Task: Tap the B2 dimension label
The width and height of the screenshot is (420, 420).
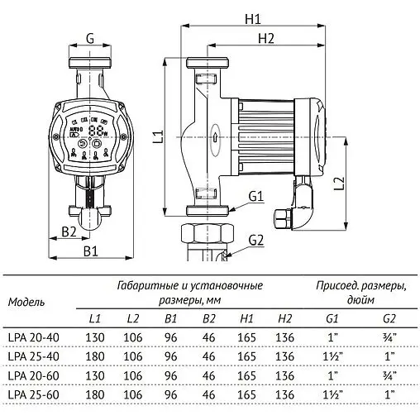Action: tap(69, 231)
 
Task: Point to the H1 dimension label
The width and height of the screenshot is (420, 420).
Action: tap(253, 19)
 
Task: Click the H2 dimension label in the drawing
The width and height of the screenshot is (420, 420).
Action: tap(265, 39)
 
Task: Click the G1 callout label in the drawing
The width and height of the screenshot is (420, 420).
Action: tap(255, 196)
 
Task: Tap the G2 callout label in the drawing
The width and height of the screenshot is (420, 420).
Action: tap(255, 240)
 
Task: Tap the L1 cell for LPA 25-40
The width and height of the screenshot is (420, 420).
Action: tap(95, 356)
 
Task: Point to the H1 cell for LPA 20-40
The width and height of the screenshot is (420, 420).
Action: tap(247, 336)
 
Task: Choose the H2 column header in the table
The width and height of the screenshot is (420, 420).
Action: tap(285, 318)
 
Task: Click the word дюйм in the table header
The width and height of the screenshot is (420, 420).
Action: tap(360, 301)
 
